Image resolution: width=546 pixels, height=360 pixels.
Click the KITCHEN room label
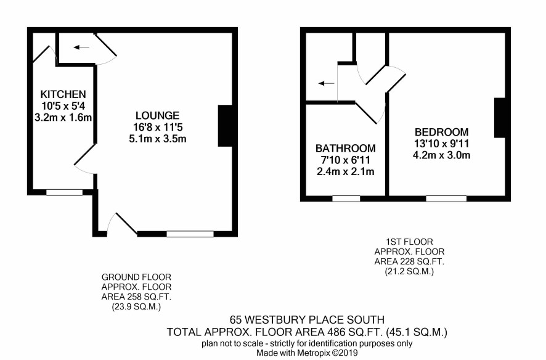pyautogui.click(x=63, y=94)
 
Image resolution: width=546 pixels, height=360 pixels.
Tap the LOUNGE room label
pyautogui.click(x=157, y=116)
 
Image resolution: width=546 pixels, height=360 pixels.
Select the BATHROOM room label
pyautogui.click(x=346, y=149)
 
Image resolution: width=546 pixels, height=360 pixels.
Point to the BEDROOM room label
pyautogui.click(x=441, y=133)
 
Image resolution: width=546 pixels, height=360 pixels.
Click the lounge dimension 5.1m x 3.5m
pyautogui.click(x=157, y=139)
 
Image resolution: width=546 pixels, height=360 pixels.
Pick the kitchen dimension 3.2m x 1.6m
pyautogui.click(x=63, y=118)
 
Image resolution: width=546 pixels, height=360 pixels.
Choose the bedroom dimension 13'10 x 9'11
pyautogui.click(x=441, y=144)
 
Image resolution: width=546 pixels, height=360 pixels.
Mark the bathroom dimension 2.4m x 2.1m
pyautogui.click(x=346, y=171)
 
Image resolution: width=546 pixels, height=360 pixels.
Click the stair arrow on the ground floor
pyautogui.click(x=81, y=47)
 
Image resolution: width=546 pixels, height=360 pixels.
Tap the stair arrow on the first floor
pyautogui.click(x=326, y=84)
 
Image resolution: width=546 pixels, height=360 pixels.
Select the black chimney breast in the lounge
pyautogui.click(x=225, y=126)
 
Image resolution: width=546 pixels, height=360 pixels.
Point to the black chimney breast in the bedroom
pyautogui.click(x=500, y=118)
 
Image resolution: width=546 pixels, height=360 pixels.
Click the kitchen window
pyautogui.click(x=65, y=192)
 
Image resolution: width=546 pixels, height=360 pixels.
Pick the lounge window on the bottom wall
pyautogui.click(x=190, y=234)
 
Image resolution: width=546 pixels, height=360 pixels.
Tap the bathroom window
pyautogui.click(x=346, y=198)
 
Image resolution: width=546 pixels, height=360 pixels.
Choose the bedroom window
pyautogui.click(x=446, y=198)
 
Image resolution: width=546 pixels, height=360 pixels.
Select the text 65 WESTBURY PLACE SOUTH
pyautogui.click(x=307, y=319)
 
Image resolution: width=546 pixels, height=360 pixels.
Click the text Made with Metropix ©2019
pyautogui.click(x=307, y=353)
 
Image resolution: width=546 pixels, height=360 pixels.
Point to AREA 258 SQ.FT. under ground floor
pyautogui.click(x=136, y=297)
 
